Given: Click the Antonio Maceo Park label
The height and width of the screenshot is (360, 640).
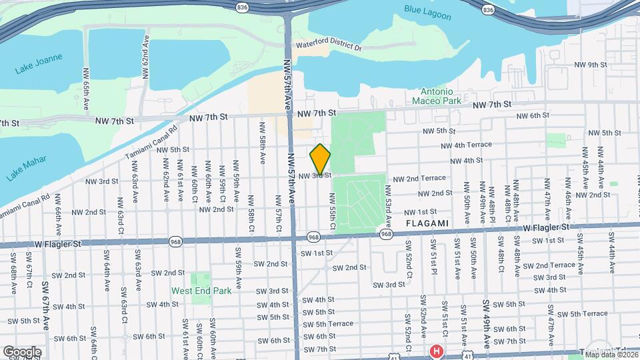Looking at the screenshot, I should click(x=441, y=96).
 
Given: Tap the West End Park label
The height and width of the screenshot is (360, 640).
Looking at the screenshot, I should click(x=201, y=291).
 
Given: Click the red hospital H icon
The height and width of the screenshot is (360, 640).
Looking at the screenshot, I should click(x=436, y=351).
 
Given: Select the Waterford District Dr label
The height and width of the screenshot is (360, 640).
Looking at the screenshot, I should click(x=329, y=48).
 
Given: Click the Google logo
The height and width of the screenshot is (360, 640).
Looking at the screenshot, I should click(x=22, y=352).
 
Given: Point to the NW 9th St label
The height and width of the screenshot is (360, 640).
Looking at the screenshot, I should click(x=591, y=65).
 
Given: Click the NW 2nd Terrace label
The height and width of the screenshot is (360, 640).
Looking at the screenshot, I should click(x=419, y=179).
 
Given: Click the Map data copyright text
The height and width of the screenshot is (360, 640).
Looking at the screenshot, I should click(x=611, y=355).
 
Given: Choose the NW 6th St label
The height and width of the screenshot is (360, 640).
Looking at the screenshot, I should click(x=531, y=115).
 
